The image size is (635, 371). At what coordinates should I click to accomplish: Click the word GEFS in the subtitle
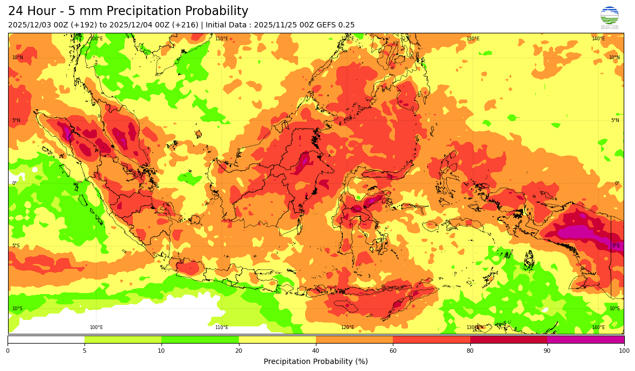coord(326,25)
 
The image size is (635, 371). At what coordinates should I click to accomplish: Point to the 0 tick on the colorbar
coord(8,351)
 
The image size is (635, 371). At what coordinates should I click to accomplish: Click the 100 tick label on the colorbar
coord(624,351)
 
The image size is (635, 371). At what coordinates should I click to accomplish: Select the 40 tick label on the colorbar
coord(316,351)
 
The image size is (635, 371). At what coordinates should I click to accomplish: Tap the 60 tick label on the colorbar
coord(393,351)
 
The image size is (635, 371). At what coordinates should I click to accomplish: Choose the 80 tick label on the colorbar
coord(470,351)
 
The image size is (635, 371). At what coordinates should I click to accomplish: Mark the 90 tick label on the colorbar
coord(547,351)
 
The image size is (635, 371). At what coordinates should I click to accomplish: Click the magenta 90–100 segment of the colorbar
coord(585,339)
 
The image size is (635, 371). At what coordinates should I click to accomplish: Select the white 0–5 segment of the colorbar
coord(46,339)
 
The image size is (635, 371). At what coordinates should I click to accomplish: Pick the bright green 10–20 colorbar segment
coord(200,339)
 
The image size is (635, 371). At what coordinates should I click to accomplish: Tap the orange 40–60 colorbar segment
coord(354,339)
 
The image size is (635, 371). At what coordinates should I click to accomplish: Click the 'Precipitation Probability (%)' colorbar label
coord(316,361)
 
